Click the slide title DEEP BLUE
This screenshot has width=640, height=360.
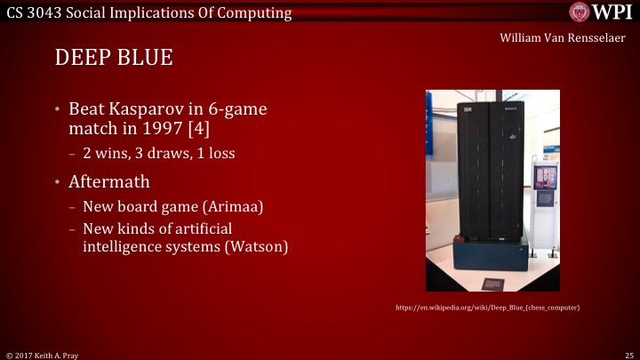(x=113, y=58)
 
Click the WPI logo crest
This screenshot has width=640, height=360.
(x=580, y=12)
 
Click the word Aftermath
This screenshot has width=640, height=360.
(x=113, y=181)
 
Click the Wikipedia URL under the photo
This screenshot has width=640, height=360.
(x=488, y=308)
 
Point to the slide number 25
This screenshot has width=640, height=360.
(x=628, y=354)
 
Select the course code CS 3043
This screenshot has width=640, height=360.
(x=32, y=12)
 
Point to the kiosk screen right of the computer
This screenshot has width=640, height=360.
(x=545, y=176)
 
